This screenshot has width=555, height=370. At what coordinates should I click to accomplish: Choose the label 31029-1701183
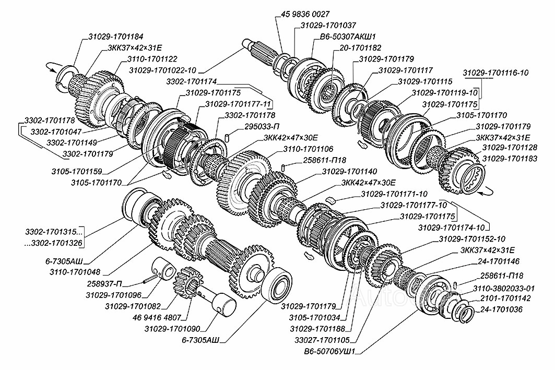509,158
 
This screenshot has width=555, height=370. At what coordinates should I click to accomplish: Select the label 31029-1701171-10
394,194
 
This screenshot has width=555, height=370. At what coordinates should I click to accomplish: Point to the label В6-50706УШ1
329,351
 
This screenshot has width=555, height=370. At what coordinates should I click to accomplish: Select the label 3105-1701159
76,171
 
